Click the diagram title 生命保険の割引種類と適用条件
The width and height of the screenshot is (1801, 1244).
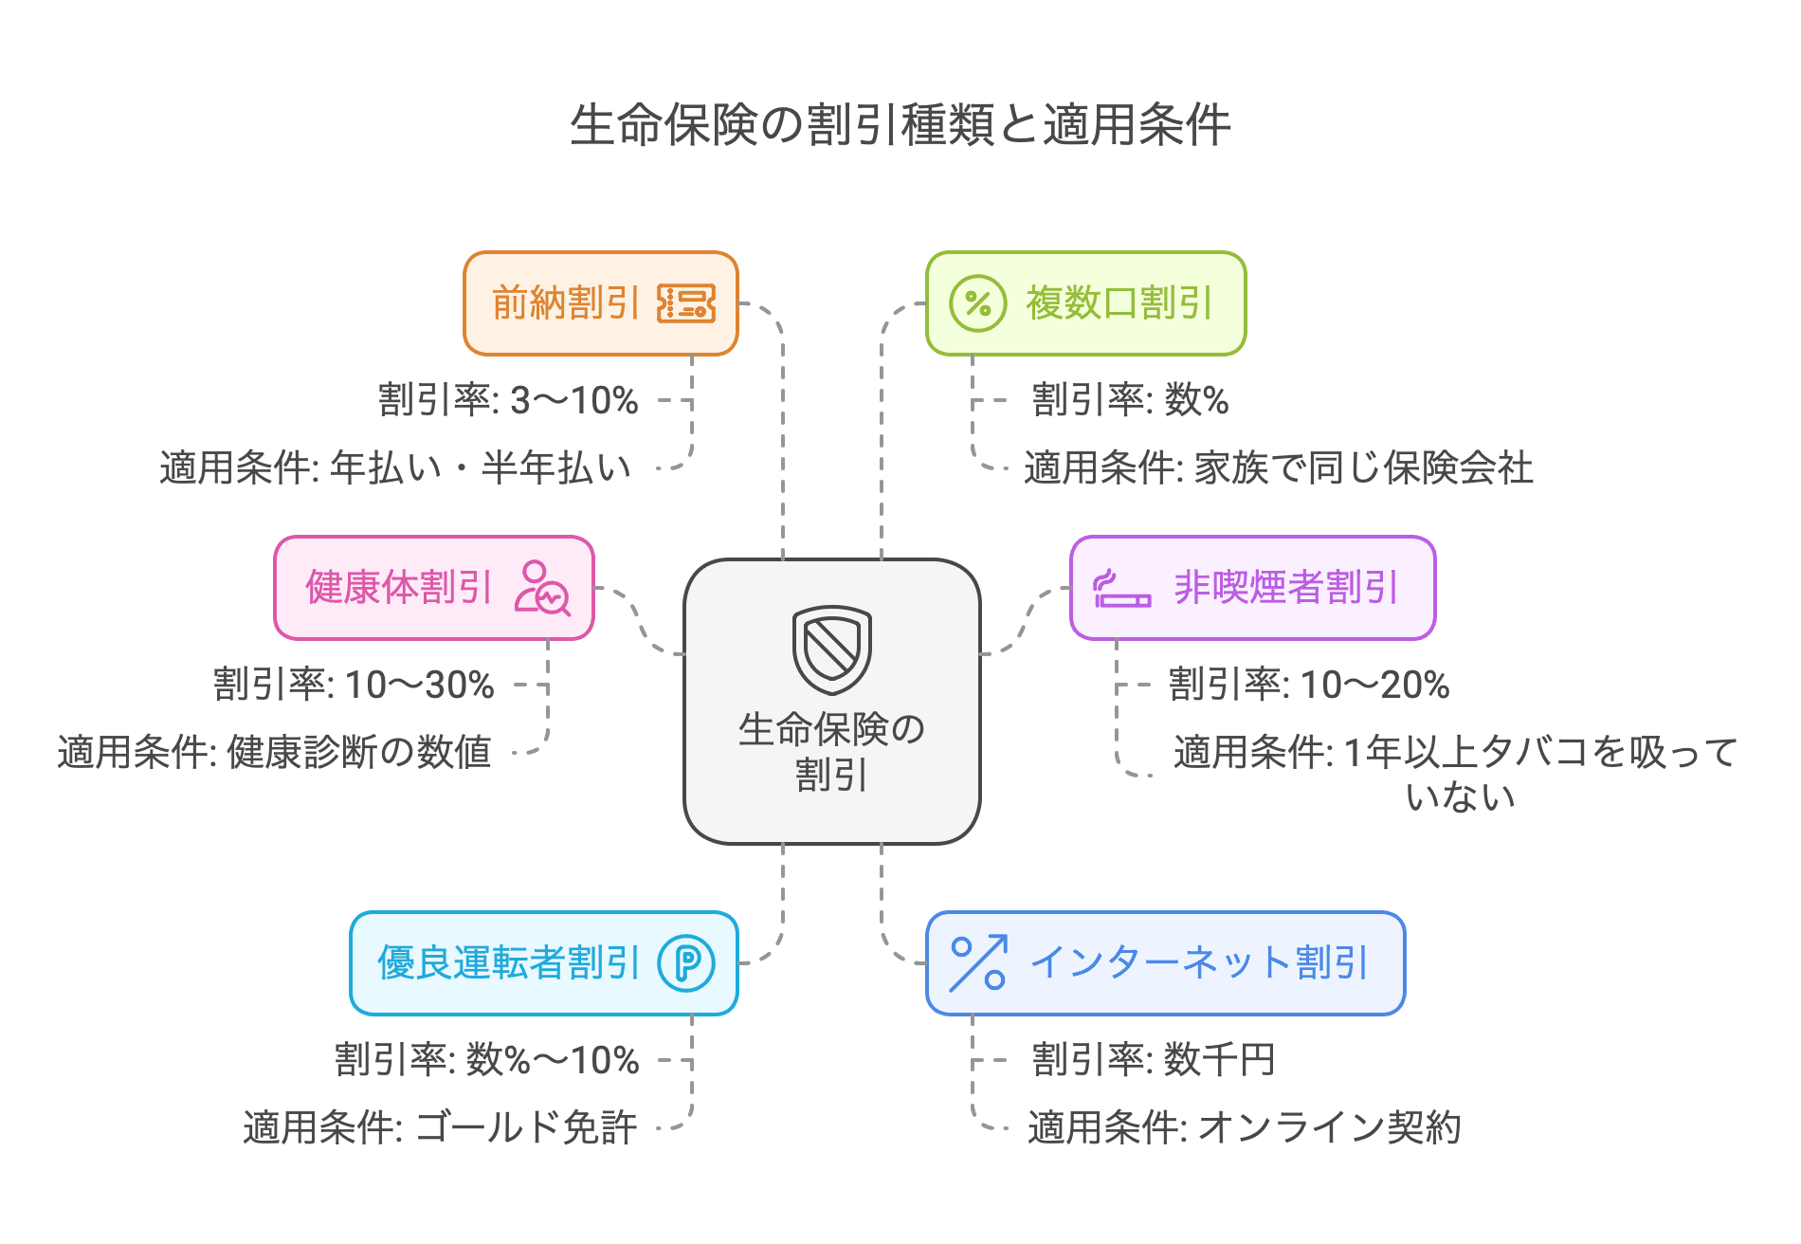[x=900, y=124]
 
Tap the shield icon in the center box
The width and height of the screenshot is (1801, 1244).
[x=831, y=649]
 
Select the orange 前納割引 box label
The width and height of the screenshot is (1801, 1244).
[x=566, y=303]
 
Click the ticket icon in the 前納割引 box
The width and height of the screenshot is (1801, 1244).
[x=685, y=303]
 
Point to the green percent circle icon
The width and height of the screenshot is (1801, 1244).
[x=977, y=303]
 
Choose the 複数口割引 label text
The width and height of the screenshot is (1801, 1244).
[x=1119, y=303]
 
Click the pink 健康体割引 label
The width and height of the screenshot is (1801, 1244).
[x=399, y=588]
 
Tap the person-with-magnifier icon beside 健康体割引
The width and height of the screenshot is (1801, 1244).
[x=542, y=588]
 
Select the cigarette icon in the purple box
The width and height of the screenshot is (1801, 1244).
[x=1121, y=589]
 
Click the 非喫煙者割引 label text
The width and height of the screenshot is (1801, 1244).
[x=1285, y=588]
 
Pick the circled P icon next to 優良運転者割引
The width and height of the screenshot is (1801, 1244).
[x=686, y=963]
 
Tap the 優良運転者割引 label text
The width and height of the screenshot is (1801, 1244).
[x=509, y=963]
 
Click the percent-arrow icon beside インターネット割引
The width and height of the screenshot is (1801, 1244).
[x=977, y=963]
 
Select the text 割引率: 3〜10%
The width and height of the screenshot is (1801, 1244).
[x=508, y=400]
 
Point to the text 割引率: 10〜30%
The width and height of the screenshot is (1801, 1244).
[x=354, y=685]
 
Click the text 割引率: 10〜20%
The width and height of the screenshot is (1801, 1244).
[x=1309, y=685]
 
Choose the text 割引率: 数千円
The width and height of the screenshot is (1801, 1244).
[x=1154, y=1060]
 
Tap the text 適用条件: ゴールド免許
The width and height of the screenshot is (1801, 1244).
[x=440, y=1128]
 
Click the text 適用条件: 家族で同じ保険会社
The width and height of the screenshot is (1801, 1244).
[x=1278, y=468]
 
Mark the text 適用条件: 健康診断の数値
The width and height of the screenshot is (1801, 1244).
[x=274, y=753]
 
